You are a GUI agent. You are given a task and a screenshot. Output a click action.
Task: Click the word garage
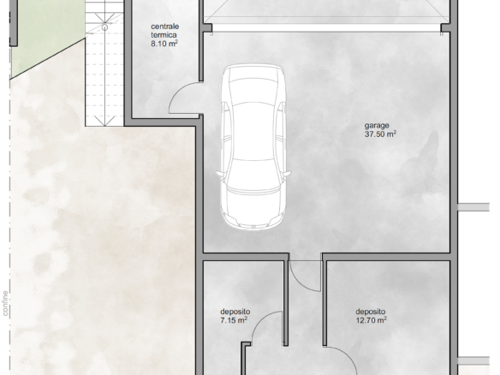click(377, 126)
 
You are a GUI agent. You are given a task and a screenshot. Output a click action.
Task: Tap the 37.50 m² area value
click(380, 134)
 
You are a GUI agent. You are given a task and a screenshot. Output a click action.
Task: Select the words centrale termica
click(164, 31)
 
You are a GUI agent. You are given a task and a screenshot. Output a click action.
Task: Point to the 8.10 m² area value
click(164, 44)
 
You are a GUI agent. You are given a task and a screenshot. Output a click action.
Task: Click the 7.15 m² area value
click(234, 320)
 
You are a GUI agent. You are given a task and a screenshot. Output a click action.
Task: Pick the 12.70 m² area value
click(372, 320)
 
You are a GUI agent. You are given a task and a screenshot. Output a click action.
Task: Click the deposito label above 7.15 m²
click(235, 312)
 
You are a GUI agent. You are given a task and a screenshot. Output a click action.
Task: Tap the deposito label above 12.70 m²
click(370, 312)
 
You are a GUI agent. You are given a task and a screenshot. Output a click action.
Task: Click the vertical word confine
click(5, 303)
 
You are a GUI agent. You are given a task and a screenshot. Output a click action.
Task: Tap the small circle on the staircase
click(104, 27)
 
